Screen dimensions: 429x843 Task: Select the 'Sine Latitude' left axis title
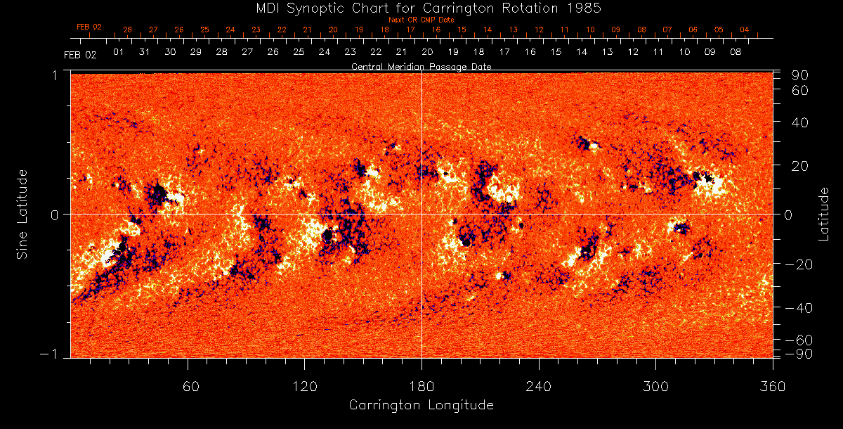[x=22, y=214]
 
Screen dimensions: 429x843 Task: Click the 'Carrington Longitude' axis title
[x=421, y=405]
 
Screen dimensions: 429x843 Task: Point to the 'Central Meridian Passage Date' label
[x=421, y=66]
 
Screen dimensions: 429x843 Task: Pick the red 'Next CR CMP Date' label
[x=421, y=20]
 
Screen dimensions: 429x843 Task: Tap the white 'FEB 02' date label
[x=80, y=55]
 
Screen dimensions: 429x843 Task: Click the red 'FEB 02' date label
[x=89, y=27]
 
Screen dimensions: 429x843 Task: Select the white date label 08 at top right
[x=736, y=52]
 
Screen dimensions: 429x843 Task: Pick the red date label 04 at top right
[x=744, y=30]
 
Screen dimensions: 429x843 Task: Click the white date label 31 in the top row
[x=144, y=52]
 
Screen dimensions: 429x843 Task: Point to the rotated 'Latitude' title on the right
[x=825, y=214]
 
